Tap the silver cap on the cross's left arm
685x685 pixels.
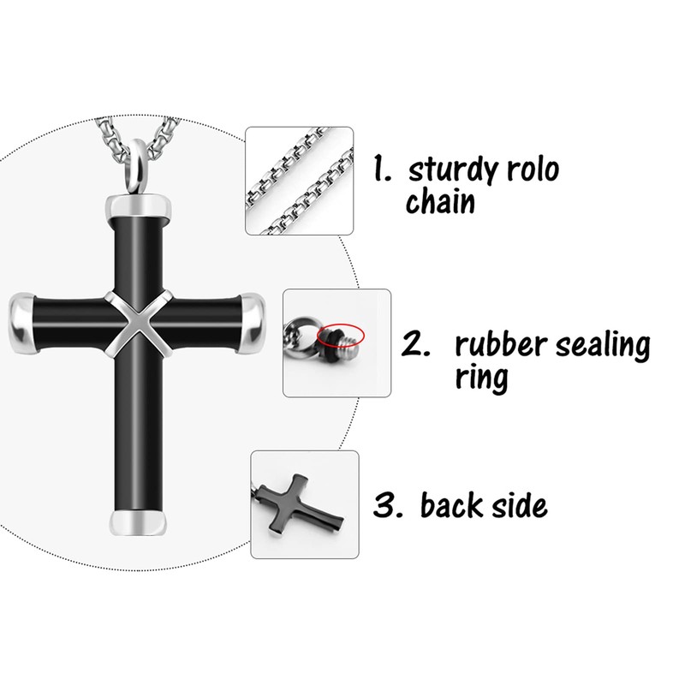click(24, 326)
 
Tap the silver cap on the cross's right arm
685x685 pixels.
click(253, 325)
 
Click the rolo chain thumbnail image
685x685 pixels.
click(300, 181)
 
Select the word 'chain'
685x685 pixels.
click(441, 205)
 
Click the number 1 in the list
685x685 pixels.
click(382, 170)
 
